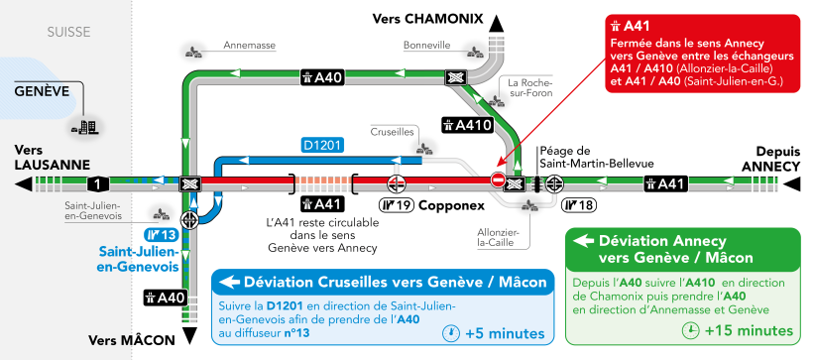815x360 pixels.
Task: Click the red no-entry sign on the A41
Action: pos(498,180)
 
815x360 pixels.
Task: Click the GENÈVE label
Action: pos(41,90)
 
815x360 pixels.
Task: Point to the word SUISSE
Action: pos(68,33)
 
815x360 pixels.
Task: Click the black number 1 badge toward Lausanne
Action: pos(96,183)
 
